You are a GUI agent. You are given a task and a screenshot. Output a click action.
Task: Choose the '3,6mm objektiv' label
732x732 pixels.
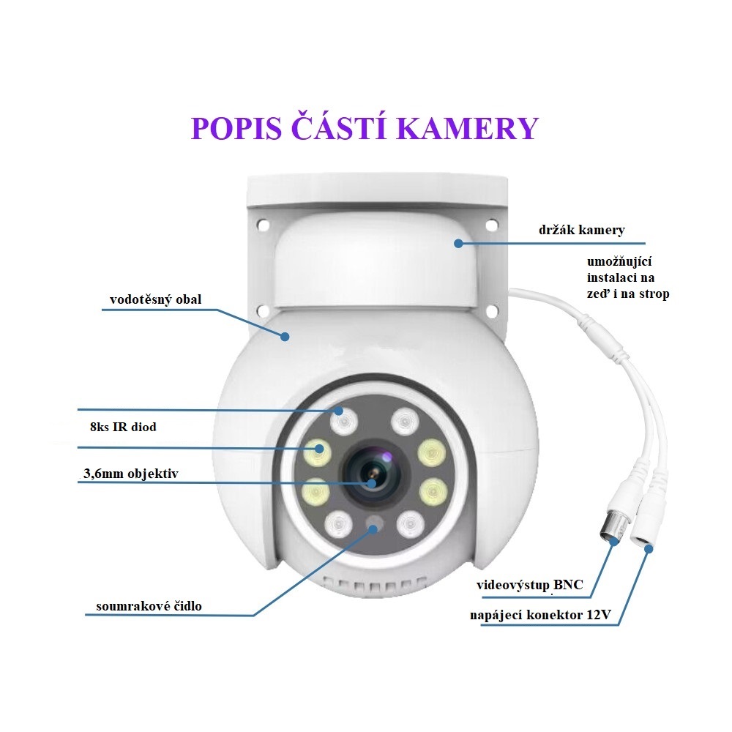pyautogui.click(x=130, y=474)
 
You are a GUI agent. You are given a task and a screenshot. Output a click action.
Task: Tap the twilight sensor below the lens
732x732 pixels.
pyautogui.click(x=375, y=523)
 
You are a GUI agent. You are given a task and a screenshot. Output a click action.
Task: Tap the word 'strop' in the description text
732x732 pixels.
pyautogui.click(x=653, y=294)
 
